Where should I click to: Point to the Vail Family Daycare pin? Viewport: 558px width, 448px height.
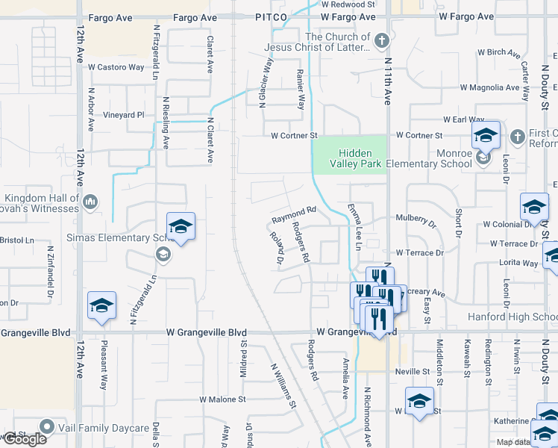click(48, 427)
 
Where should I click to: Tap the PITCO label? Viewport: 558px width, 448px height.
click(271, 16)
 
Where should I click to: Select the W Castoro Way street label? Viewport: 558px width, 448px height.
click(116, 67)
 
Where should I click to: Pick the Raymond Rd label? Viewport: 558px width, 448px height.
click(294, 216)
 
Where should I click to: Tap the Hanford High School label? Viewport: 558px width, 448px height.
click(512, 317)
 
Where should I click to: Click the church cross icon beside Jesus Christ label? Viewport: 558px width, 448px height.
click(380, 41)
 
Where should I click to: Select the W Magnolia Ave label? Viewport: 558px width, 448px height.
click(489, 87)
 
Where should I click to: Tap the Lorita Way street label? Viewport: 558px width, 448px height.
click(520, 264)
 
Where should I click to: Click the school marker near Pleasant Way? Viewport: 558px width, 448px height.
click(101, 306)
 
